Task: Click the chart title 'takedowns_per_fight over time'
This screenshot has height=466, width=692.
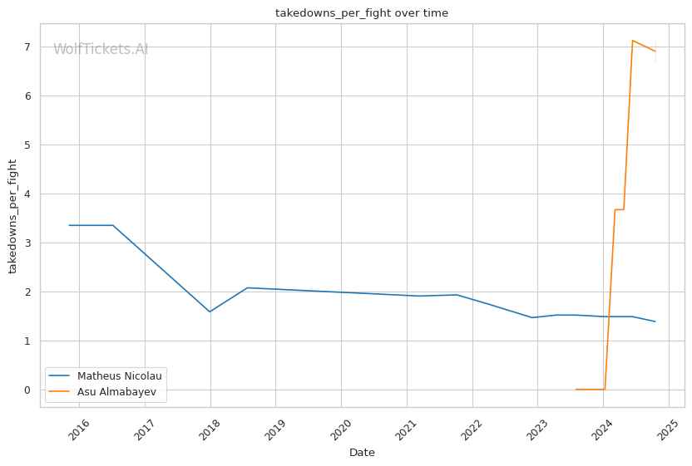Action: [362, 12]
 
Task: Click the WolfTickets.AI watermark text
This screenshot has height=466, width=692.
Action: [101, 49]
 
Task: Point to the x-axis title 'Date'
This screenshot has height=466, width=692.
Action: [362, 453]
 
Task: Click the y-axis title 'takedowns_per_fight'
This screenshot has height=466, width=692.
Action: [12, 215]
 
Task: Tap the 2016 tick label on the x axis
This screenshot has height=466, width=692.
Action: [80, 429]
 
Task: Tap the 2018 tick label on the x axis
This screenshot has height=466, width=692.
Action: [210, 429]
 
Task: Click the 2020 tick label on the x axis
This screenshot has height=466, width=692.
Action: [342, 429]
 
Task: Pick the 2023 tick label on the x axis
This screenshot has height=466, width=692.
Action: [538, 429]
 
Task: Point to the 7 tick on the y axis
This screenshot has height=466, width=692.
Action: [27, 47]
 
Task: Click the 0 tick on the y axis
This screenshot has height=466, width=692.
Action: [27, 390]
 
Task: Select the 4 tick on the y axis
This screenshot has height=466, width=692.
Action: [27, 194]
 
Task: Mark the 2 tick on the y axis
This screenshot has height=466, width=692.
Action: [27, 292]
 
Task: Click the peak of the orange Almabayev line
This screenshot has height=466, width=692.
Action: [633, 40]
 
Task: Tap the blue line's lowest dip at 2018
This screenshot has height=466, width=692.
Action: [210, 311]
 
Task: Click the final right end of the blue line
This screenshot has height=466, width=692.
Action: [655, 321]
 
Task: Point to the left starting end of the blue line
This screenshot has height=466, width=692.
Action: [69, 225]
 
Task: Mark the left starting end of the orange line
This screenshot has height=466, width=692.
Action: [576, 390]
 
